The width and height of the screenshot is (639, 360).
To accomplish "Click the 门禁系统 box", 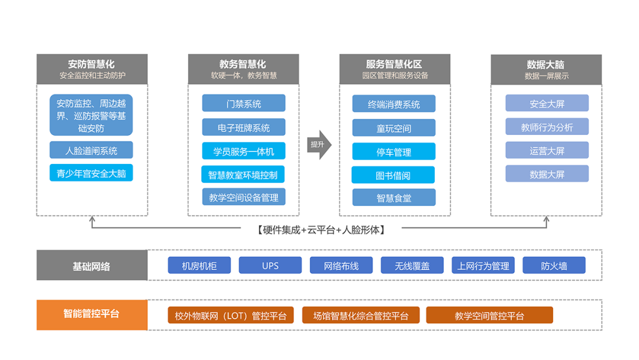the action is click(244, 103).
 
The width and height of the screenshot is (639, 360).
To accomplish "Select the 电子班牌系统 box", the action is click(244, 127).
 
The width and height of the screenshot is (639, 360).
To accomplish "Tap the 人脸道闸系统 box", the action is click(91, 150).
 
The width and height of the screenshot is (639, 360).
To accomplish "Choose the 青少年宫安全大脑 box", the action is click(91, 173).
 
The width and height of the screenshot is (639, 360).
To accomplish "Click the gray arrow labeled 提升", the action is click(319, 144).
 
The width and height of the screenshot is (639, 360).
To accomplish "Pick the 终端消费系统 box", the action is click(393, 104).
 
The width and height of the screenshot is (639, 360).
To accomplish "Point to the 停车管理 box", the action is click(393, 152).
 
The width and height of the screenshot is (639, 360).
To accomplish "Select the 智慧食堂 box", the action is click(393, 198).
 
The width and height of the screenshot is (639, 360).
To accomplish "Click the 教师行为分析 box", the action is click(547, 127).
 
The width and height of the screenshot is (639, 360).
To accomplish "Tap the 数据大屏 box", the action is click(547, 174).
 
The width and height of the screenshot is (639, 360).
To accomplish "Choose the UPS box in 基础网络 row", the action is click(270, 265).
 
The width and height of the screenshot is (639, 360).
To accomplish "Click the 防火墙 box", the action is click(554, 265).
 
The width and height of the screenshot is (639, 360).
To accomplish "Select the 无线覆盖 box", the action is click(412, 265).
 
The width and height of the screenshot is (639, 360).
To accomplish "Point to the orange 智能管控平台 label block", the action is click(92, 315).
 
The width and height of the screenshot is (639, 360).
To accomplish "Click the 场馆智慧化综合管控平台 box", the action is click(361, 315).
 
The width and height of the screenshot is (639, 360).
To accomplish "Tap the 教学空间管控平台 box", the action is click(489, 315).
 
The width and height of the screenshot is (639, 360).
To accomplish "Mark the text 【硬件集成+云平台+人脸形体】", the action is click(321, 230).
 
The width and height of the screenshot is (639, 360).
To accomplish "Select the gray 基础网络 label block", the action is click(92, 265).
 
